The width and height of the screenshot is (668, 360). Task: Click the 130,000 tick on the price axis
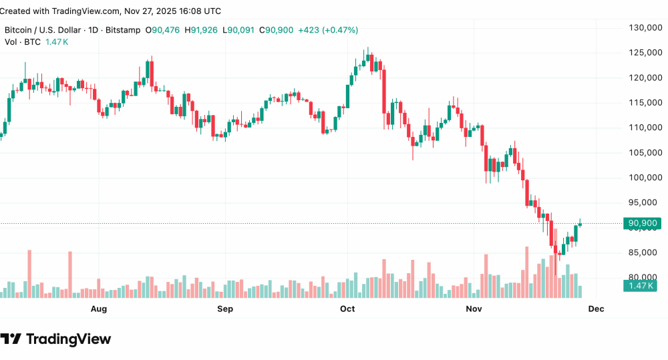click(x=643, y=27)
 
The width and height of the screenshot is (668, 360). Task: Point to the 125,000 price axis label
click(x=643, y=53)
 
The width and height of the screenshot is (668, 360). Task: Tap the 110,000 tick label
click(x=643, y=128)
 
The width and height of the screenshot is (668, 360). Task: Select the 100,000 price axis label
click(x=643, y=178)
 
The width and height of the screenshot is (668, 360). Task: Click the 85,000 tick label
click(x=643, y=252)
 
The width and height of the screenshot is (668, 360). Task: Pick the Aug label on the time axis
click(x=99, y=309)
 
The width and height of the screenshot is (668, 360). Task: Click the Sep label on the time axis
click(x=225, y=309)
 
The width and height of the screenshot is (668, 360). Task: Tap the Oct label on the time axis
click(x=347, y=309)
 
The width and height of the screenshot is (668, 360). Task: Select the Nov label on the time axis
click(x=474, y=309)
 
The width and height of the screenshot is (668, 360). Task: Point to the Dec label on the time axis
click(x=596, y=309)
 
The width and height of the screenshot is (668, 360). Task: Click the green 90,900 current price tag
click(x=642, y=223)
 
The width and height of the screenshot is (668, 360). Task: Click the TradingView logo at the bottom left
click(x=56, y=339)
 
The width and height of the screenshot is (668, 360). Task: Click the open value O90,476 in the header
click(x=165, y=30)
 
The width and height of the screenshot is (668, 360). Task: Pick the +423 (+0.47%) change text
click(x=328, y=30)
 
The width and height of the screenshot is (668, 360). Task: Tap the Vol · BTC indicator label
click(x=23, y=42)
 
